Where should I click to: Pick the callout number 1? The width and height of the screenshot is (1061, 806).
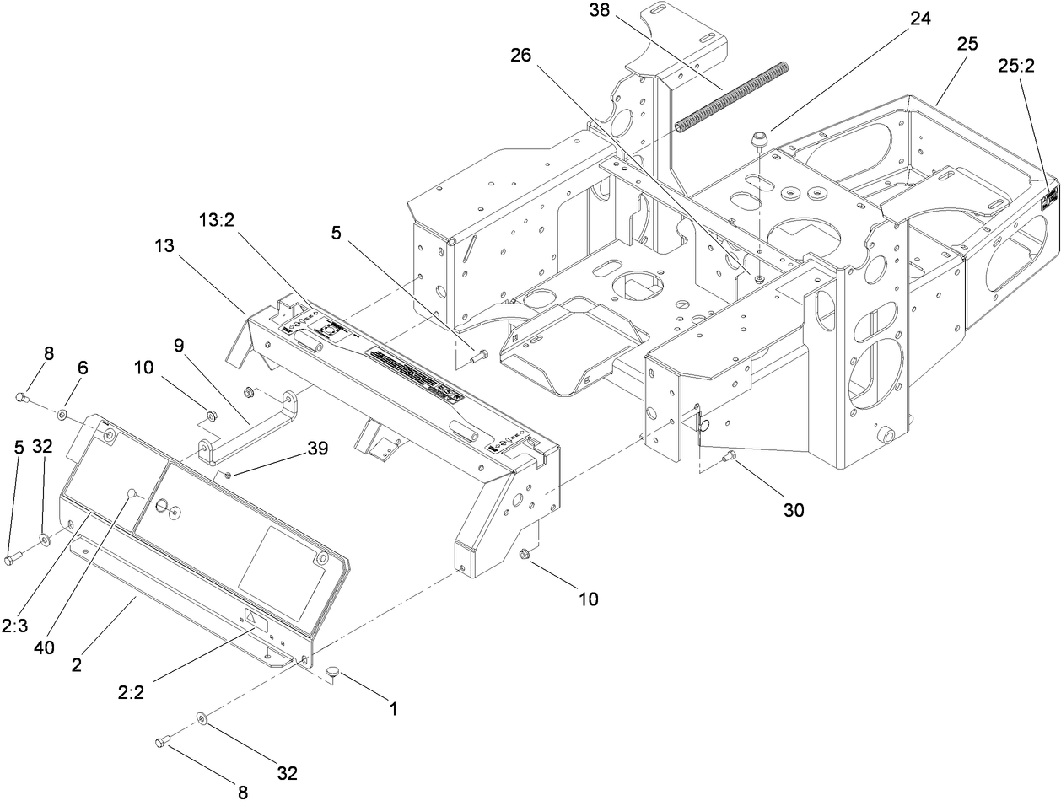tap(391, 710)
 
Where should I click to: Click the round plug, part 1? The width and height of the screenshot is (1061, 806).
tap(334, 671)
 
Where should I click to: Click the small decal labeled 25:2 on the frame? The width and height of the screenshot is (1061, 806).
tap(1049, 199)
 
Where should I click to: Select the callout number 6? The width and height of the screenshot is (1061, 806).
tap(83, 368)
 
